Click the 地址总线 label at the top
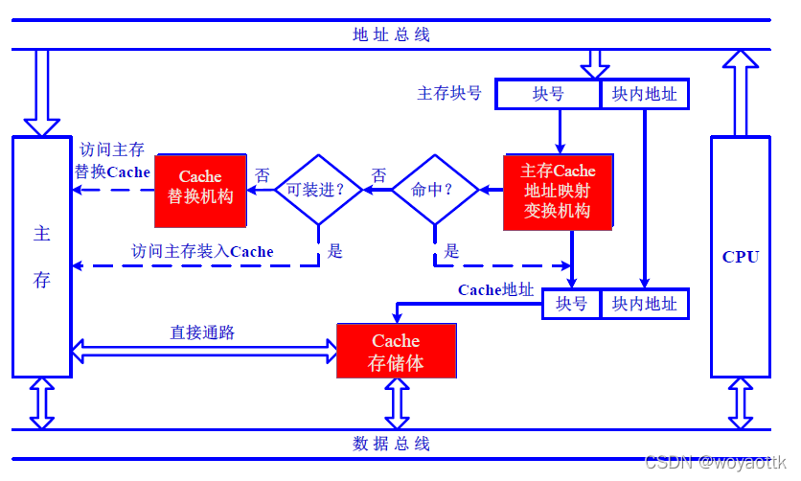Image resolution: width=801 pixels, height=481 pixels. click(391, 35)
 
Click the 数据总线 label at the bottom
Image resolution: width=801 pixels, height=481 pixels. click(391, 444)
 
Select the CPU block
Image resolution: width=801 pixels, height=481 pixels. click(740, 257)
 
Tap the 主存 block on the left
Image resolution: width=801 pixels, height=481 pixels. click(42, 257)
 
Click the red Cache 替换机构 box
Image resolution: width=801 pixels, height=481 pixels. click(200, 187)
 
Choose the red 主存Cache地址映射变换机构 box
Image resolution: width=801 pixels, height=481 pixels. click(558, 191)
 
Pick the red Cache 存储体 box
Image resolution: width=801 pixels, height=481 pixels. click(396, 352)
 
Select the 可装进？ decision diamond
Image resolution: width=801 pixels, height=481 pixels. click(319, 190)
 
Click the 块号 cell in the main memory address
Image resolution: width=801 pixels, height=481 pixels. click(548, 94)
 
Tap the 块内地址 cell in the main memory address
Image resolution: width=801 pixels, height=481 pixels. click(644, 94)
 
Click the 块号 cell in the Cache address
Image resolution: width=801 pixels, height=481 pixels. click(571, 304)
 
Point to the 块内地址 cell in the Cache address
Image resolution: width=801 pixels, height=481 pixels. click(644, 304)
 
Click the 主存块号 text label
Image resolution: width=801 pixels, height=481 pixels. click(449, 94)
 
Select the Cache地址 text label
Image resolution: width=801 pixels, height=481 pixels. click(495, 289)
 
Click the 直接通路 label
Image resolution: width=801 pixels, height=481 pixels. click(202, 332)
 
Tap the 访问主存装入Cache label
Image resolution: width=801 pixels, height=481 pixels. click(202, 251)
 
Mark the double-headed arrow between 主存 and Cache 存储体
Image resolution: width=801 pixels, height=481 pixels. click(204, 352)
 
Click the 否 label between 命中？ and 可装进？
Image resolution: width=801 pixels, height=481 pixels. click(378, 175)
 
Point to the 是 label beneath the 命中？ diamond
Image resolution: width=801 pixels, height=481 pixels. click(451, 251)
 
